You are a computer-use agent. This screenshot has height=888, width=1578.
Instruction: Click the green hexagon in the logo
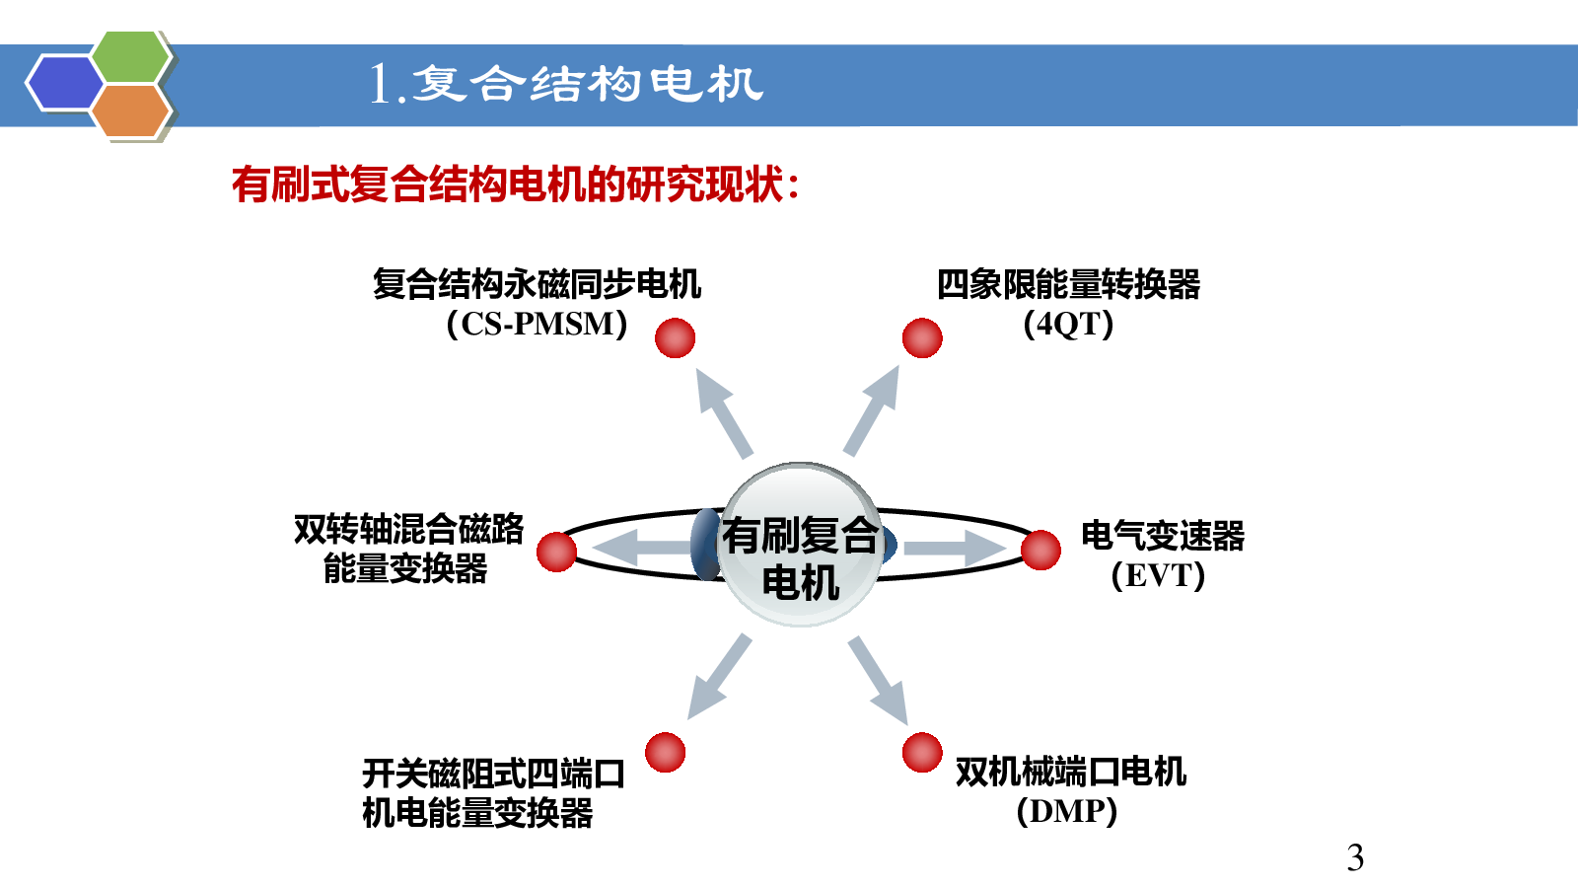click(131, 57)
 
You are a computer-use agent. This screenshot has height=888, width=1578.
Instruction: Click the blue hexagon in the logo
click(65, 83)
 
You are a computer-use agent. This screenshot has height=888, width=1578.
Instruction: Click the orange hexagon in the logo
click(131, 111)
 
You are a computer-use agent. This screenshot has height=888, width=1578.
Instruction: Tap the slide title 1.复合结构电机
click(566, 85)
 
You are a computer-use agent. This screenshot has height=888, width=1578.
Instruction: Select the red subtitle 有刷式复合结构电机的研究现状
click(516, 185)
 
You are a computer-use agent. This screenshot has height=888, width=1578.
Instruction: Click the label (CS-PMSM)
click(537, 325)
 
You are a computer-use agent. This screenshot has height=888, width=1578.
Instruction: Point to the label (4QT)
click(1068, 325)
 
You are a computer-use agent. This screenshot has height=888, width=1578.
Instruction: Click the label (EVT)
click(1158, 575)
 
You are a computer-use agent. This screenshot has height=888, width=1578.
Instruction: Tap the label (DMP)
click(1066, 811)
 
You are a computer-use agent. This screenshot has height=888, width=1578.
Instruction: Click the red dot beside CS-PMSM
click(675, 338)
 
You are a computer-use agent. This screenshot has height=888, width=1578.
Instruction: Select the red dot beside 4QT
click(922, 338)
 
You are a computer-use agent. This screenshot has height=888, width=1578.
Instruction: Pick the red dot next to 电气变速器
click(1040, 550)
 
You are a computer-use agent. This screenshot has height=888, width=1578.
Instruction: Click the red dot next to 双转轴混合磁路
click(556, 552)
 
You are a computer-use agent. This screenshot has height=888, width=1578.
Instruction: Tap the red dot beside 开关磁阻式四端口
click(665, 753)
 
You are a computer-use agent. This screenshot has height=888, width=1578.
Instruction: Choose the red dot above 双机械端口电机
click(922, 753)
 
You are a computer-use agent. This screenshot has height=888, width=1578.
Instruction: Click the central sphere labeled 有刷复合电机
click(800, 544)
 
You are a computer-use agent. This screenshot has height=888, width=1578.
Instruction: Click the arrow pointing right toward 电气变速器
click(955, 548)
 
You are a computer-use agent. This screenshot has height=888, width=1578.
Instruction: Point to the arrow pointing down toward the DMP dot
click(878, 680)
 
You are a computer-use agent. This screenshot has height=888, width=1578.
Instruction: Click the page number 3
click(1355, 857)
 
